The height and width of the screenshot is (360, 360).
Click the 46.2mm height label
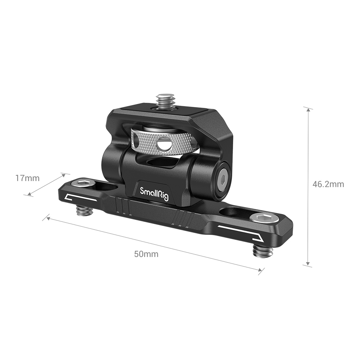(x=328, y=184)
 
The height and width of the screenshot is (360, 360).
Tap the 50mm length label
(x=146, y=254)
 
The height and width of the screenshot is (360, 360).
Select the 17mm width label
(x=27, y=177)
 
